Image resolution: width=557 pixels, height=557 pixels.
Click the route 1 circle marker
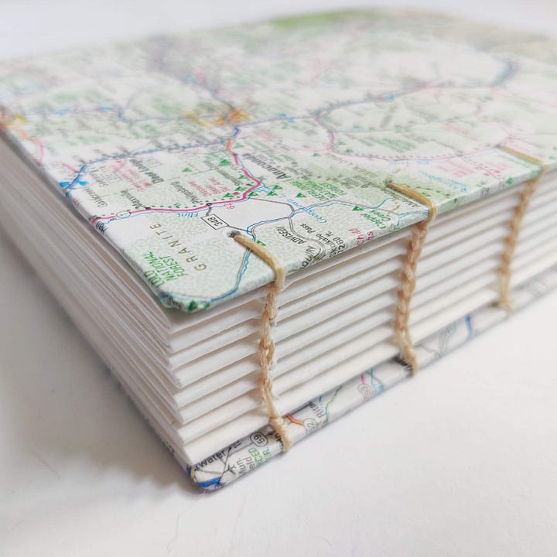125,214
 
